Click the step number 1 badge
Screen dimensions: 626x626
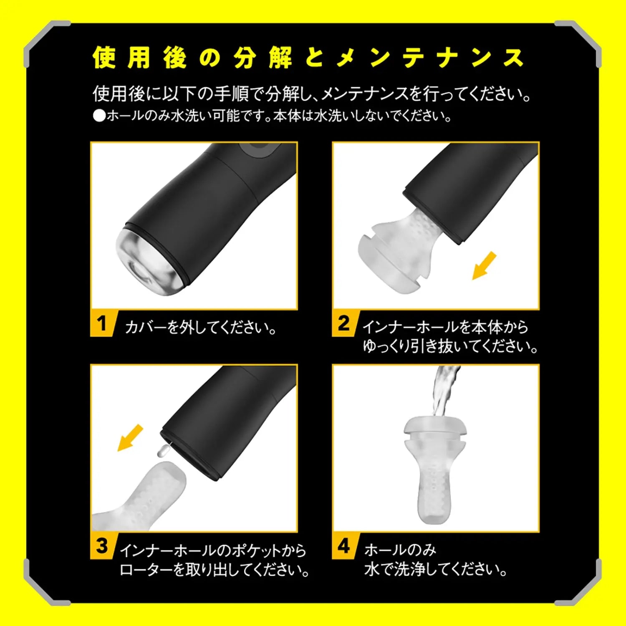[x=101, y=323]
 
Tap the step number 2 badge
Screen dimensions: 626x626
[x=343, y=323]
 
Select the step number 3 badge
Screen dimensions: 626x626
[x=101, y=546]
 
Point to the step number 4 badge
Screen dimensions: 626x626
[x=343, y=546]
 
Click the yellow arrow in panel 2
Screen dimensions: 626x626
[x=485, y=265]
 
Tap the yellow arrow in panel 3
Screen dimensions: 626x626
[x=130, y=438]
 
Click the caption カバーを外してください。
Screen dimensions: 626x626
[x=201, y=327]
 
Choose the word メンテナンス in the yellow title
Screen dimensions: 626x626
[x=430, y=58]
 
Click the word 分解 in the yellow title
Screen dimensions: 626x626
[x=263, y=58]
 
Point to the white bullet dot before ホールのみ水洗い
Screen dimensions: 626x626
[x=99, y=116]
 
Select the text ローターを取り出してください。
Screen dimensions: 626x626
[x=214, y=570]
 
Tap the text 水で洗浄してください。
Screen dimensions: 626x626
[x=435, y=569]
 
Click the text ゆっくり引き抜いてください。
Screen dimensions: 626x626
[x=450, y=346]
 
